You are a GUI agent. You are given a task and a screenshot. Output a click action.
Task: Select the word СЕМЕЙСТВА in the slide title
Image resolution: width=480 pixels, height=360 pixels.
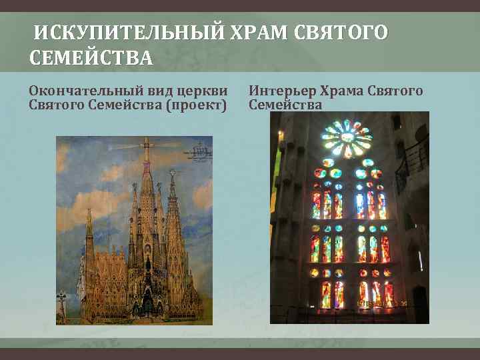pyautogui.click(x=91, y=59)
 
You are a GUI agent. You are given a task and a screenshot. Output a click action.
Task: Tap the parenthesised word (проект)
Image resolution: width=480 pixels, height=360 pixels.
pyautogui.click(x=195, y=105)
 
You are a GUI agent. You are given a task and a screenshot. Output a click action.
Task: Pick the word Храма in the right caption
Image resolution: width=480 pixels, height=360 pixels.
pyautogui.click(x=344, y=91)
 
